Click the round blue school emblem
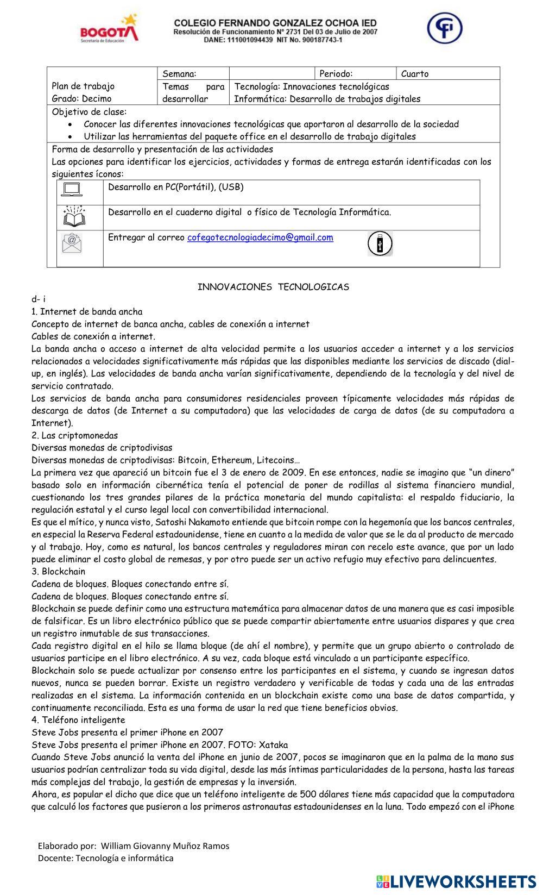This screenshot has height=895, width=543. (444, 28)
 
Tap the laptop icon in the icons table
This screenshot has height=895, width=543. (72, 189)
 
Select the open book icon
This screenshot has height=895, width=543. (74, 216)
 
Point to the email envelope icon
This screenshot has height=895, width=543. (72, 242)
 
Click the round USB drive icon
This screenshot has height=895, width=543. (380, 243)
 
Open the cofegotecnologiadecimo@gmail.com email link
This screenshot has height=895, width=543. (260, 237)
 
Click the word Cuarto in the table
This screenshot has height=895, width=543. (415, 74)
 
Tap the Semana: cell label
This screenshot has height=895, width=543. (179, 74)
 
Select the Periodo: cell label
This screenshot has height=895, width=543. (336, 74)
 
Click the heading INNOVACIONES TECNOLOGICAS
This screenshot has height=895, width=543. (273, 287)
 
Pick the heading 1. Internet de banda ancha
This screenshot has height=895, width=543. (87, 312)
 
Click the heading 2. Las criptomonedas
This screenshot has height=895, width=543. (74, 435)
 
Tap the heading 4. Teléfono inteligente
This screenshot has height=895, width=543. (78, 720)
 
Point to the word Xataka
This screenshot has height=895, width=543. (273, 745)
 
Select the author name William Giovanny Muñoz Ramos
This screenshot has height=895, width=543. (165, 846)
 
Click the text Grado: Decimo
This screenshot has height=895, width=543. (81, 99)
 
